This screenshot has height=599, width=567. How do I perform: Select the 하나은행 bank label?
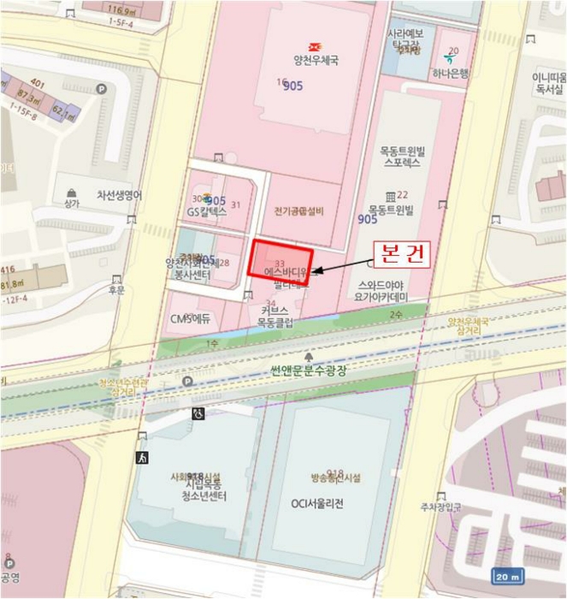tap(450, 74)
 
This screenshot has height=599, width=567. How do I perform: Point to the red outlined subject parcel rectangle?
tap(281, 257)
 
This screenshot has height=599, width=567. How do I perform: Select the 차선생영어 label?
tap(119, 195)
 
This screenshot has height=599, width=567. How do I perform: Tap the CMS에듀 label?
tap(191, 319)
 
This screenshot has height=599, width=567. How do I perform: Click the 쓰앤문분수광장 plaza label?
tap(307, 371)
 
